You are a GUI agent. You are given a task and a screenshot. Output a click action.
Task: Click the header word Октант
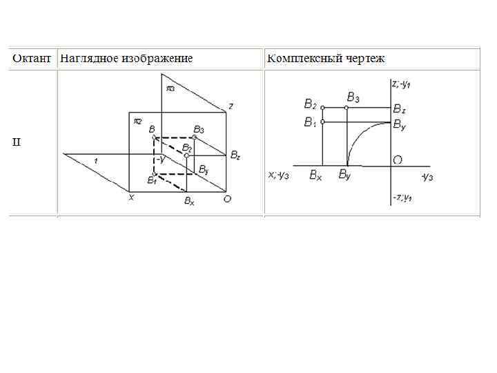32,58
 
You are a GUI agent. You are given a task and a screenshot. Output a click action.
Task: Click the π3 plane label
170,88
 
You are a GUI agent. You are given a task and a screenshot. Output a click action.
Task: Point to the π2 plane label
137,121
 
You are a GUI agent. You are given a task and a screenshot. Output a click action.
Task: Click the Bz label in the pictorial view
235,155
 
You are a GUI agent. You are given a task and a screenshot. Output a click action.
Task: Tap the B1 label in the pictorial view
151,180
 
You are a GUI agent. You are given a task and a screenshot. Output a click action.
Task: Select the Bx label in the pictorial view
188,201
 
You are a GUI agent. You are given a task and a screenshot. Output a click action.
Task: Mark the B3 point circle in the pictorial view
195,137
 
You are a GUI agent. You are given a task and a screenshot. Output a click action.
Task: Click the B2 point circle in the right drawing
323,108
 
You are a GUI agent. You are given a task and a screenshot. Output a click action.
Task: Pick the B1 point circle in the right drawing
323,122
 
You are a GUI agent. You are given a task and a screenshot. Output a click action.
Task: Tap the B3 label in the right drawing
353,97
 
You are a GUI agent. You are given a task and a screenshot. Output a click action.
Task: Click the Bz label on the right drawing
400,108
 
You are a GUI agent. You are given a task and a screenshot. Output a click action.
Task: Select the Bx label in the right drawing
315,175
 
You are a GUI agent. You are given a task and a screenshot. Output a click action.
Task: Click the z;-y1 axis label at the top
402,84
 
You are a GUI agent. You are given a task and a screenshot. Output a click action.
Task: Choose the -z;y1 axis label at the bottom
402,198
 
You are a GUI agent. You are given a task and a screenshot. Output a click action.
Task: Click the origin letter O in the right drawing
398,160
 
